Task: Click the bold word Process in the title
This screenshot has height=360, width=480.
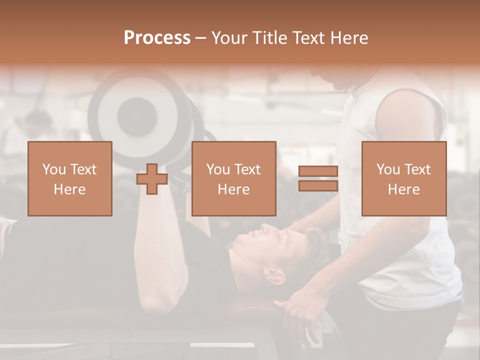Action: point(157,37)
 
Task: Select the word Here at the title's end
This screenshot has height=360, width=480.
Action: point(349,37)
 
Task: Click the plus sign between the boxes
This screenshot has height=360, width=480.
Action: point(152,179)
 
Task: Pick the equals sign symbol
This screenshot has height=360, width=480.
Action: point(318,179)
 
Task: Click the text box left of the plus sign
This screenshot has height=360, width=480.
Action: point(70,179)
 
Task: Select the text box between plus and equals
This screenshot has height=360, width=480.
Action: point(234,179)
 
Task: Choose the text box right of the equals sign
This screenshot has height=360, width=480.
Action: point(404,179)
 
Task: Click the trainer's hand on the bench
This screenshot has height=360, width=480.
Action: point(300,305)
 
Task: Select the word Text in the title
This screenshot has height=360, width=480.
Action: point(308,37)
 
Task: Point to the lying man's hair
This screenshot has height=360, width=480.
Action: point(310,250)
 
